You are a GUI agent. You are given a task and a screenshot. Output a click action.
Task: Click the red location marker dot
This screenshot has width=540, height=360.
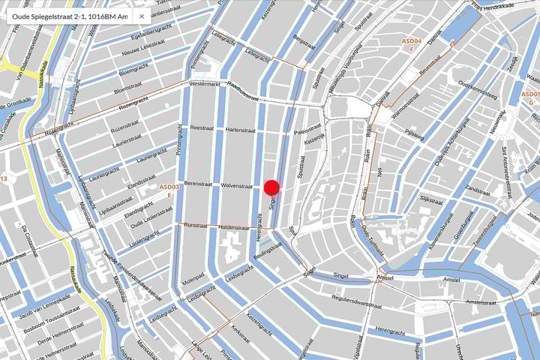coord(271,187)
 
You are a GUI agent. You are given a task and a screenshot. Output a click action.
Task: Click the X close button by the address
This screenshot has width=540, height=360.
coord(141,16)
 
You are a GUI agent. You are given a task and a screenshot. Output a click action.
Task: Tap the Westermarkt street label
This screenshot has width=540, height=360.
coord(205,84)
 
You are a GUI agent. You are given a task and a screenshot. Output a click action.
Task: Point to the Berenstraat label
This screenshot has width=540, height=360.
coord(199,183)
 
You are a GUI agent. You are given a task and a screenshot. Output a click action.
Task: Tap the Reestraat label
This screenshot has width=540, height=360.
coord(203,128)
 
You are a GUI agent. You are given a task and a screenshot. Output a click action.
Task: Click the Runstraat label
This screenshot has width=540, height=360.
coord(195,224)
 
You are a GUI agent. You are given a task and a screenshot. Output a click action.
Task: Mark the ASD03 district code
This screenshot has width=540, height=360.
coord(169,187)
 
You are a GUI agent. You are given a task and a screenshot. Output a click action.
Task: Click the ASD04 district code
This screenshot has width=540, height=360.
coord(412,41)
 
